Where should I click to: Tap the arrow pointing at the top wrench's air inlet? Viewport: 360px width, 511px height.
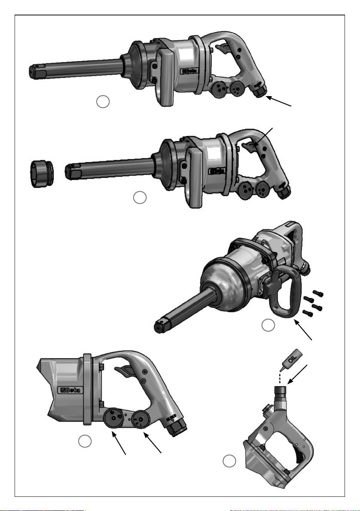(279, 101)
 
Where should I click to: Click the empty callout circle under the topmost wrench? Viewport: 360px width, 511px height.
(103, 102)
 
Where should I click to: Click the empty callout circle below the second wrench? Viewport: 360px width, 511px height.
(140, 197)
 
